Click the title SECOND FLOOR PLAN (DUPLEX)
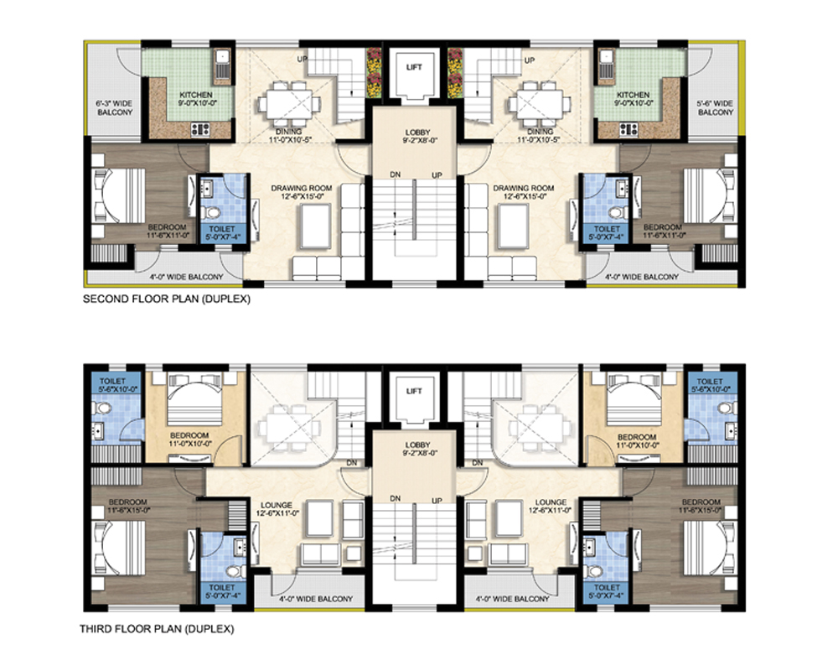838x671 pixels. (166, 299)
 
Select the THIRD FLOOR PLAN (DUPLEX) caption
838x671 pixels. (157, 629)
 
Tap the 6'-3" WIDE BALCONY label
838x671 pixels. (114, 107)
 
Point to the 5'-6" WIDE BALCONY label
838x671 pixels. (715, 107)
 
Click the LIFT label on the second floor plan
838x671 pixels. (414, 67)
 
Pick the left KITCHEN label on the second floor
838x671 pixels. (195, 95)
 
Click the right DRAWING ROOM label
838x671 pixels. (523, 188)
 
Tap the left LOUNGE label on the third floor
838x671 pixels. (277, 505)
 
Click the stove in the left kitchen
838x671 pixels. (201, 129)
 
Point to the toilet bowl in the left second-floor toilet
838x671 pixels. (213, 212)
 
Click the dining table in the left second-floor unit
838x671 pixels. (286, 103)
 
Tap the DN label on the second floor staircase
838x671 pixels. (395, 174)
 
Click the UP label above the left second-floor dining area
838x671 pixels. (302, 59)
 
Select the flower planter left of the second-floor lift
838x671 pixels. (374, 73)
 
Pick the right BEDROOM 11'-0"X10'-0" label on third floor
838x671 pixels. (637, 440)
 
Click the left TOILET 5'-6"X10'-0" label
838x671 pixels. (112, 385)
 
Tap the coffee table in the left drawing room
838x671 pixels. (315, 226)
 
